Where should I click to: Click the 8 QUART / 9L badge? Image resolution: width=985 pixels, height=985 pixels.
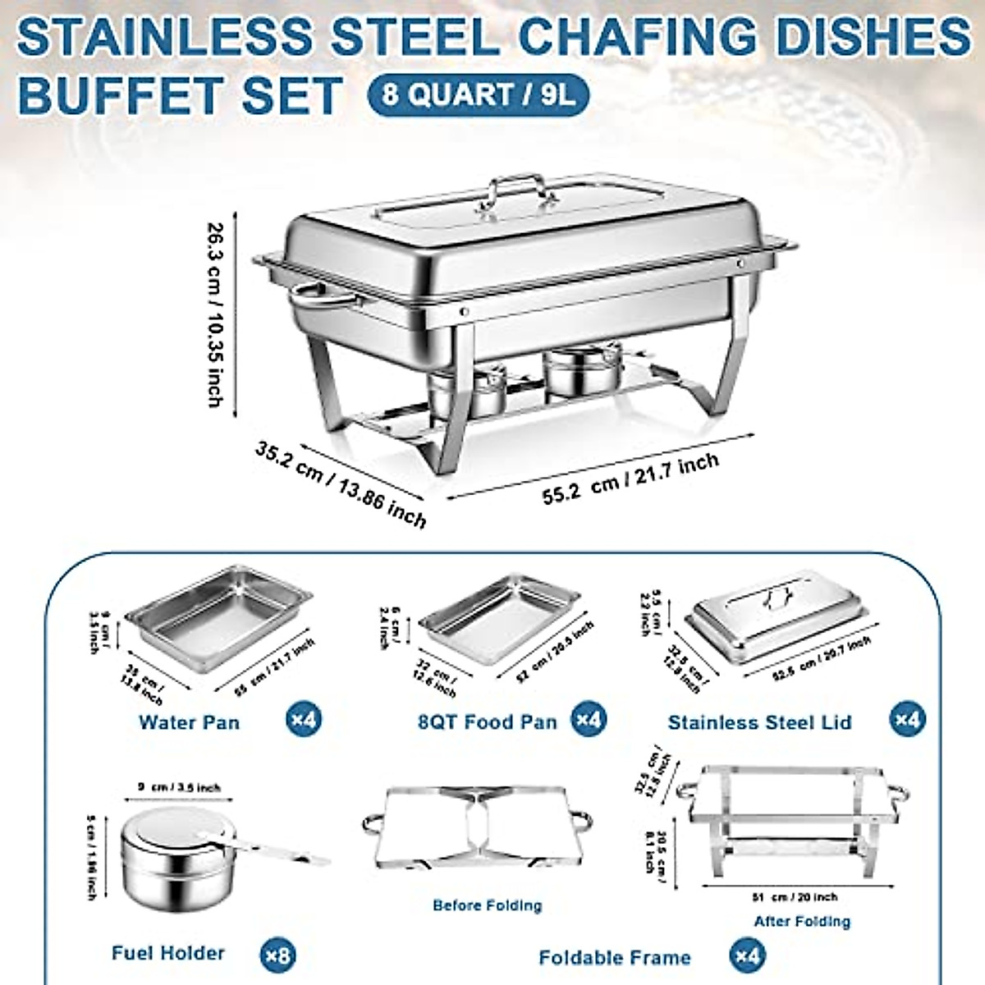point(478,94)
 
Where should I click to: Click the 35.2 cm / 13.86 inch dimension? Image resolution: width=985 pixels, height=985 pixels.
point(341,484)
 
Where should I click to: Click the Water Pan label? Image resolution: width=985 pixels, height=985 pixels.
point(190,722)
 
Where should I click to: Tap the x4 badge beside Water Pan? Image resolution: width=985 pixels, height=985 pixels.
point(304,721)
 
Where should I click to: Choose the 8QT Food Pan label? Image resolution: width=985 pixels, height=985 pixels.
point(487,722)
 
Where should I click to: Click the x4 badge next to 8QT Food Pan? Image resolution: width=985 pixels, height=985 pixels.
point(589,721)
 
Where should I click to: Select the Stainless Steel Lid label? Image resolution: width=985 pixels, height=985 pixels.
point(759,722)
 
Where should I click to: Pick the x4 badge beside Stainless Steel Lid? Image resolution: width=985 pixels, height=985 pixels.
point(907,721)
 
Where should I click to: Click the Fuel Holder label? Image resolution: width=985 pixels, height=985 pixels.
point(168,953)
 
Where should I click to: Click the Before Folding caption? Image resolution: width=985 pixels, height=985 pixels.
point(488,905)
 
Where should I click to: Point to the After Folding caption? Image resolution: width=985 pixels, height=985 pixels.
point(802,921)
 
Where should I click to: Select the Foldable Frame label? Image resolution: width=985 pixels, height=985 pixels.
point(615,957)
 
